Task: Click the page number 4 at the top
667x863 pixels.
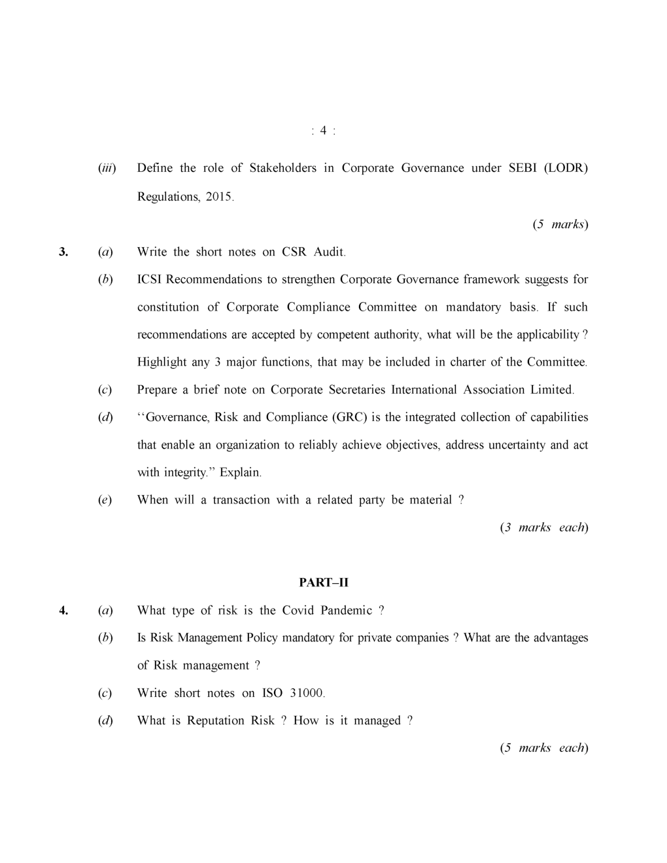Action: (323, 131)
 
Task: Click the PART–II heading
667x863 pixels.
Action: (324, 582)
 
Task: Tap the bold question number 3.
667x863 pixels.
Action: (63, 252)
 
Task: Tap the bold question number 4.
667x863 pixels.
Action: (63, 610)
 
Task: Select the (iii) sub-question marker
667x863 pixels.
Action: (107, 168)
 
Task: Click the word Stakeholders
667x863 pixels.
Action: (282, 168)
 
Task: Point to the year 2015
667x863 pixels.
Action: (219, 196)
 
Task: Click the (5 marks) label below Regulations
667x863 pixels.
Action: (560, 224)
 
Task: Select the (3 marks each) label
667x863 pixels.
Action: (544, 527)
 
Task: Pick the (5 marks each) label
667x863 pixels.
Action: (544, 747)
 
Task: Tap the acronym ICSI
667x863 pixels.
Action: (150, 279)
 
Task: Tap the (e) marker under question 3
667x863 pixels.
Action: (105, 499)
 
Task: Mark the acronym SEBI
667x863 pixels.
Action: (522, 168)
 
